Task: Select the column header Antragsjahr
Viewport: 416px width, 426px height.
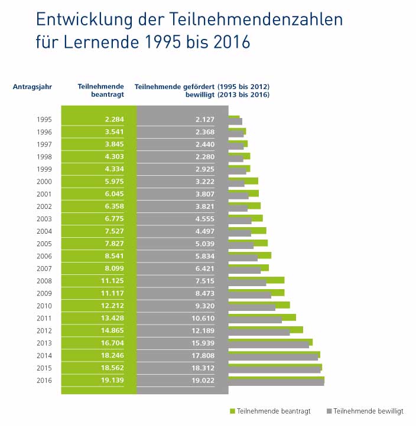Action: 32,87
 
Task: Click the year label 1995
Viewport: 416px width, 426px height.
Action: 44,120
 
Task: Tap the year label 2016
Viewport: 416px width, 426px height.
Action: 44,380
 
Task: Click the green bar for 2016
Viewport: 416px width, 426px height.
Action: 276,379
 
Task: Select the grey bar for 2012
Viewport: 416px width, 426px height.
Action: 259,333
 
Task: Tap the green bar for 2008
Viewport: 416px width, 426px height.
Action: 256,280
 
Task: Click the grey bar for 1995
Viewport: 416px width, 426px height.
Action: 235,122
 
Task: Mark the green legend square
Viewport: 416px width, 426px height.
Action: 232,411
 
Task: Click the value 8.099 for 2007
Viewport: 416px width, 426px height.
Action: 112,268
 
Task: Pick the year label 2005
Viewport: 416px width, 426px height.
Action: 44,244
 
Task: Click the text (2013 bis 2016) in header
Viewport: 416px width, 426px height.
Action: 243,95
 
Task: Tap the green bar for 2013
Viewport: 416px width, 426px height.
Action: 270,342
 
